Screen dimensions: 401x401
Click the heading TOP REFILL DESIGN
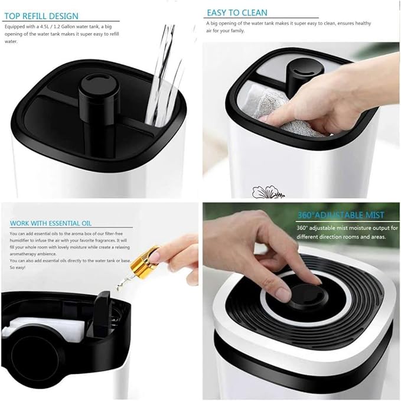[41, 16]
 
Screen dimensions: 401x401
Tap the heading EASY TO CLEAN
[237, 13]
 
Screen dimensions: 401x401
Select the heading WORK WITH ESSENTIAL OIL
[51, 223]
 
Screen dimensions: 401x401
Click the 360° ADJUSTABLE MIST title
[341, 215]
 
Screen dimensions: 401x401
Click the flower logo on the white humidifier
[268, 192]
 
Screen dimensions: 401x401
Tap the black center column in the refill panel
[99, 102]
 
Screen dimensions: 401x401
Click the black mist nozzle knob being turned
[308, 296]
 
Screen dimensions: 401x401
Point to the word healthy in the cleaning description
[363, 23]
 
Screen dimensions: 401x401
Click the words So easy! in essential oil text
[17, 268]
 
